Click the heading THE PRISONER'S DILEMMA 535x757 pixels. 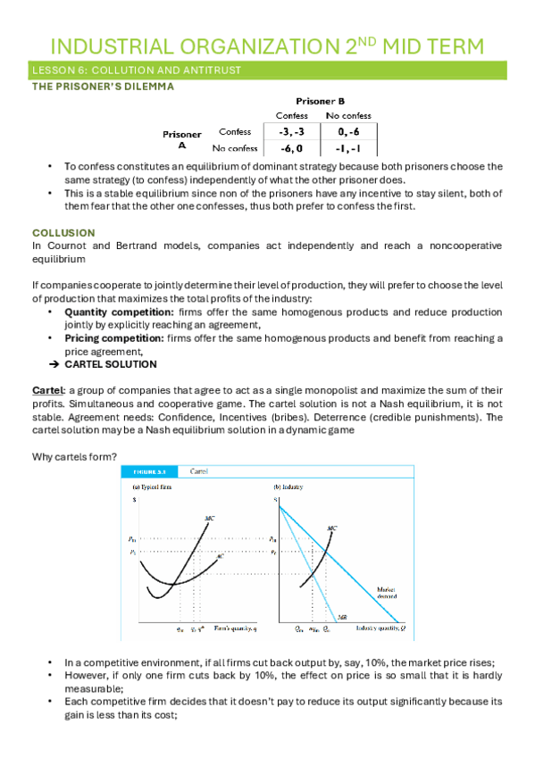click(x=103, y=87)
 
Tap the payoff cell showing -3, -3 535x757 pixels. click(x=291, y=131)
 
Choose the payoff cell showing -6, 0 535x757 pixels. click(x=291, y=148)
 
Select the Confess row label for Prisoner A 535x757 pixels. click(x=234, y=132)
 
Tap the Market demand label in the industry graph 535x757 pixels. click(x=392, y=591)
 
